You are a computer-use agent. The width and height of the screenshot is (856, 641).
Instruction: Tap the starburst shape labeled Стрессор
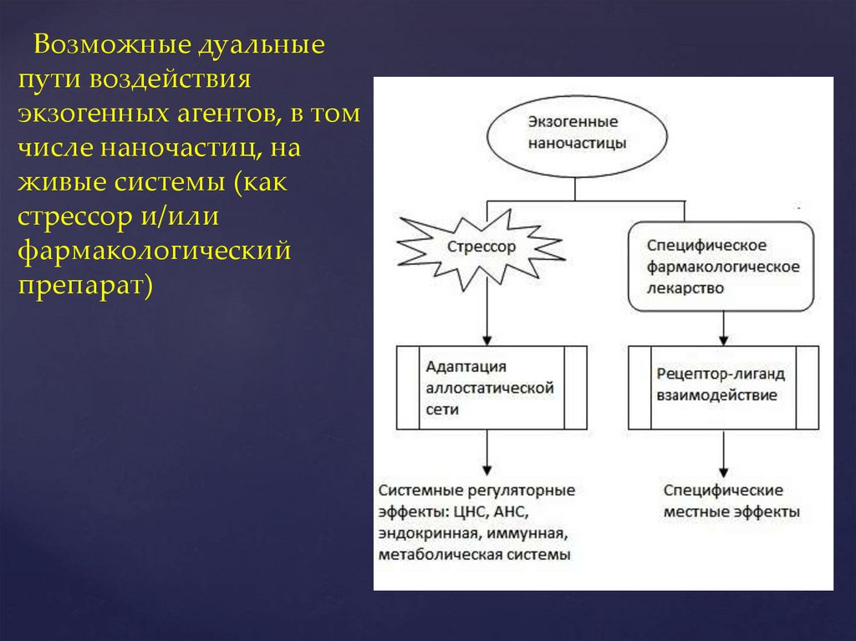point(481,247)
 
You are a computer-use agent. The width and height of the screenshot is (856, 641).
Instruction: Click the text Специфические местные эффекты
point(731,500)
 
